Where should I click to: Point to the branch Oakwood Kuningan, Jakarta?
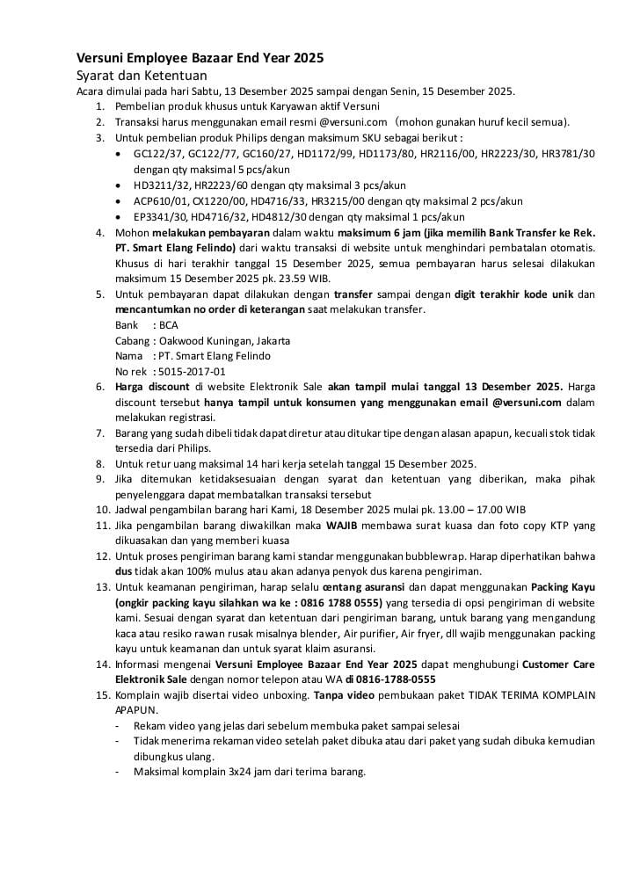(x=225, y=340)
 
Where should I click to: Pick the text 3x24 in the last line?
(x=235, y=773)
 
